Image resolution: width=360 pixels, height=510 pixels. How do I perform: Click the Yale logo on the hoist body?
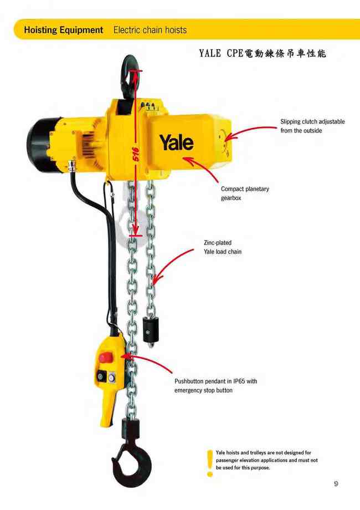pyautogui.click(x=177, y=142)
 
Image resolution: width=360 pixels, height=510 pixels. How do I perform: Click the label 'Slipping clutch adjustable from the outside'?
pyautogui.click(x=312, y=126)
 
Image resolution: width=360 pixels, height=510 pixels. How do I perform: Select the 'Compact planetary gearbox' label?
pyautogui.click(x=245, y=193)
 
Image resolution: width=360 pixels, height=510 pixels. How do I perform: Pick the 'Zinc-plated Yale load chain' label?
pyautogui.click(x=222, y=247)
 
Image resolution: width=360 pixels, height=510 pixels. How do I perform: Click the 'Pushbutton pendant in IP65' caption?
pyautogui.click(x=215, y=385)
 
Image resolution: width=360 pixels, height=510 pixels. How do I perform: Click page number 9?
pyautogui.click(x=336, y=484)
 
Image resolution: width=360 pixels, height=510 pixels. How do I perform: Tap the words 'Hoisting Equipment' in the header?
pyautogui.click(x=64, y=30)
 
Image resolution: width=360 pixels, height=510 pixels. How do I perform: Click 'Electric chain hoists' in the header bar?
pyautogui.click(x=150, y=30)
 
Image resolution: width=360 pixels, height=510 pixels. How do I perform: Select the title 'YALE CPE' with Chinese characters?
pyautogui.click(x=262, y=54)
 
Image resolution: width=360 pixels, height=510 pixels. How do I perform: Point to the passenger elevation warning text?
pyautogui.click(x=266, y=460)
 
